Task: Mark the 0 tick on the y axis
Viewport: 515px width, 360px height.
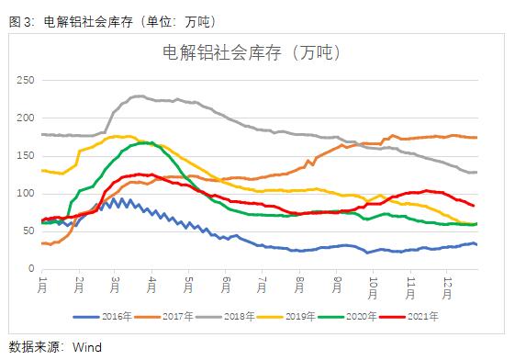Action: coord(30,269)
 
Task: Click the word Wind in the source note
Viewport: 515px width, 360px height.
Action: coord(87,346)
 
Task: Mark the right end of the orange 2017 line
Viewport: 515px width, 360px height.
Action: coord(476,138)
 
